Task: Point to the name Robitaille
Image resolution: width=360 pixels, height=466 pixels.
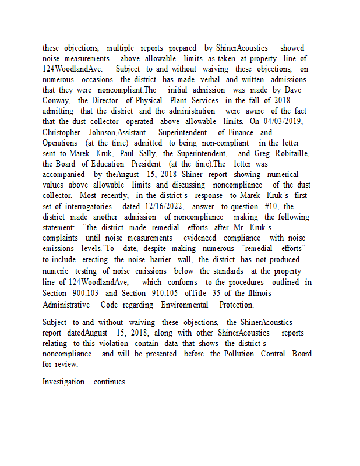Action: coord(288,153)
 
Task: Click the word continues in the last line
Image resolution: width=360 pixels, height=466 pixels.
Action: coord(110,382)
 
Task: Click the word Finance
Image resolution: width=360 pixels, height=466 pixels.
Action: coord(240,132)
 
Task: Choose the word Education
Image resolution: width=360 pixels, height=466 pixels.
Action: coord(109,164)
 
